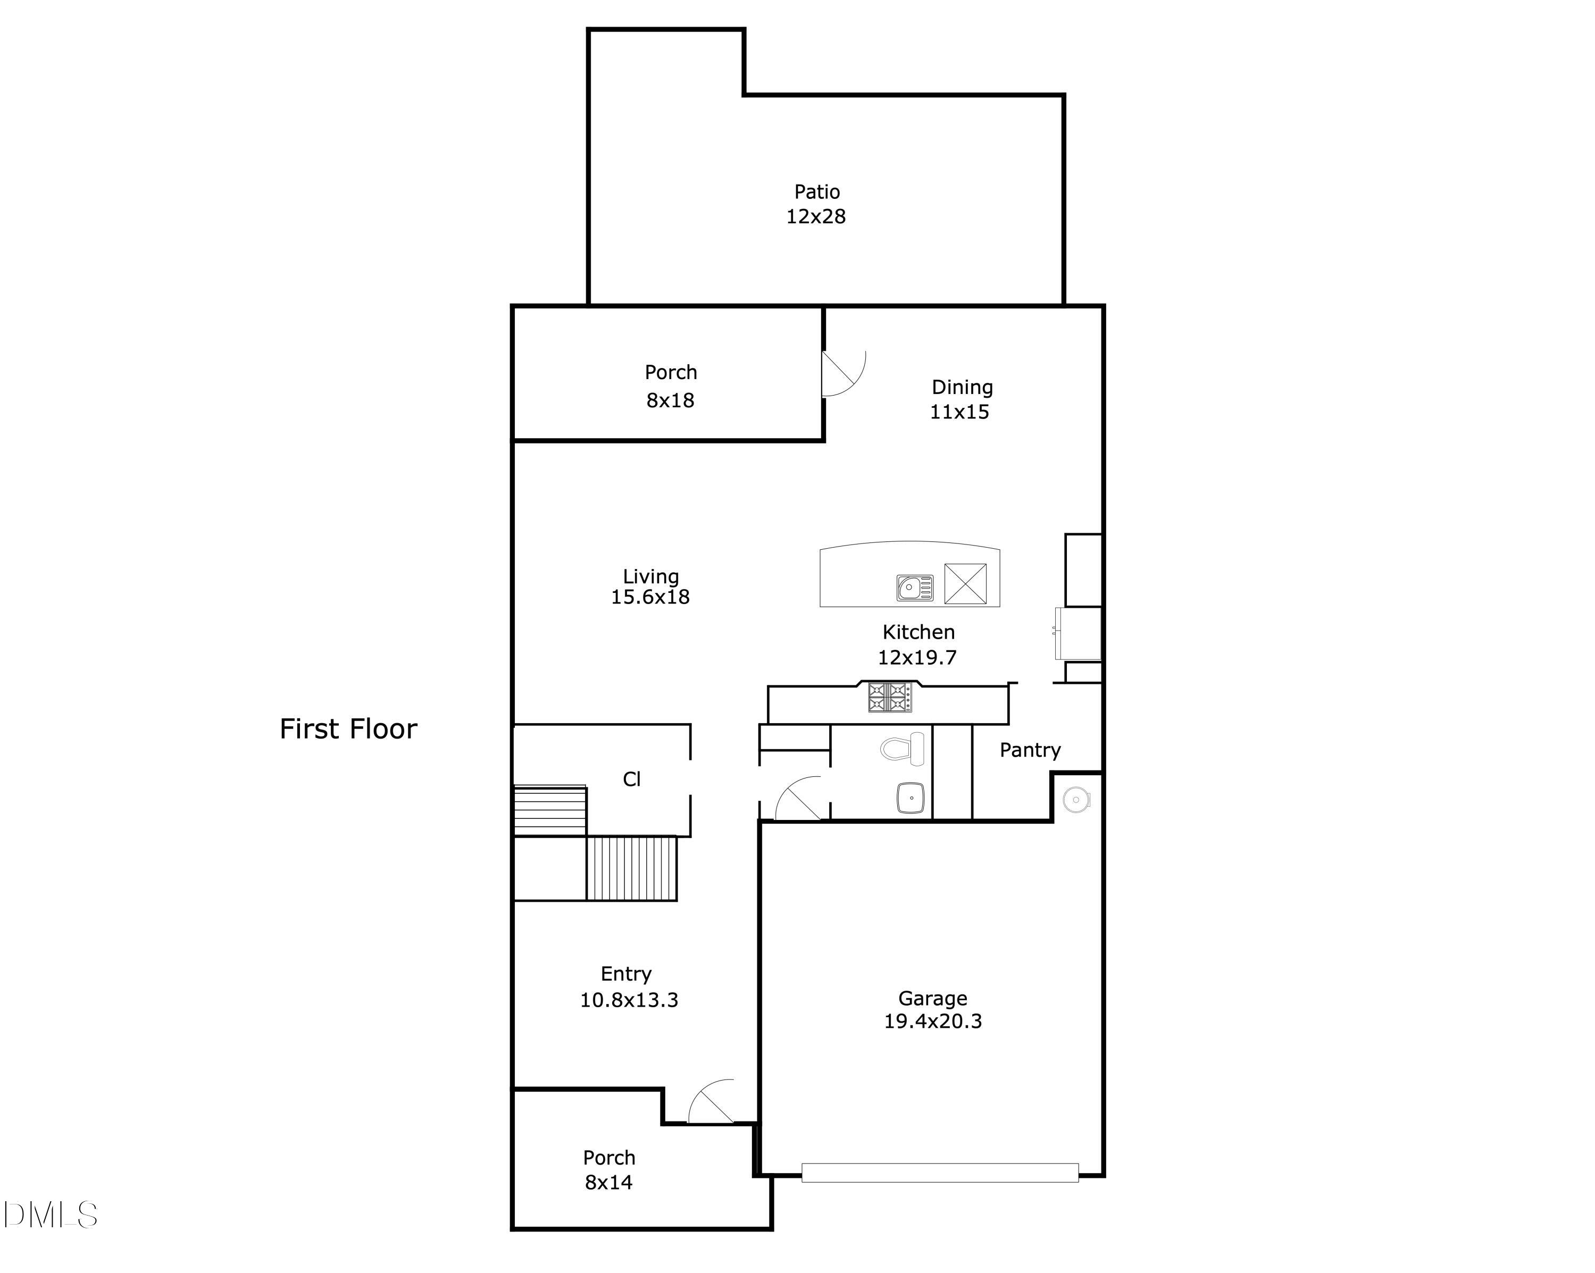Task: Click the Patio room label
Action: pyautogui.click(x=817, y=192)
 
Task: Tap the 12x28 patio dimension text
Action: pyautogui.click(x=815, y=217)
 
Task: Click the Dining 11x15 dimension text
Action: pyautogui.click(x=959, y=412)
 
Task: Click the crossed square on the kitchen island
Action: pyautogui.click(x=965, y=584)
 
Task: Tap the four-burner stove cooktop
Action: pyautogui.click(x=889, y=697)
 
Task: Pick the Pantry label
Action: pyautogui.click(x=1030, y=750)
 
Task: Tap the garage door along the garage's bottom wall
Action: pyautogui.click(x=940, y=1172)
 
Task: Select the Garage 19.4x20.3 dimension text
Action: pyautogui.click(x=932, y=1021)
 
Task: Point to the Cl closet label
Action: pyautogui.click(x=631, y=779)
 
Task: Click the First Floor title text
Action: pyautogui.click(x=348, y=730)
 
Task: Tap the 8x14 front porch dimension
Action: pyautogui.click(x=608, y=1182)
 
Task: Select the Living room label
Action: pyautogui.click(x=650, y=576)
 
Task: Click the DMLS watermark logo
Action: pyautogui.click(x=51, y=1215)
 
